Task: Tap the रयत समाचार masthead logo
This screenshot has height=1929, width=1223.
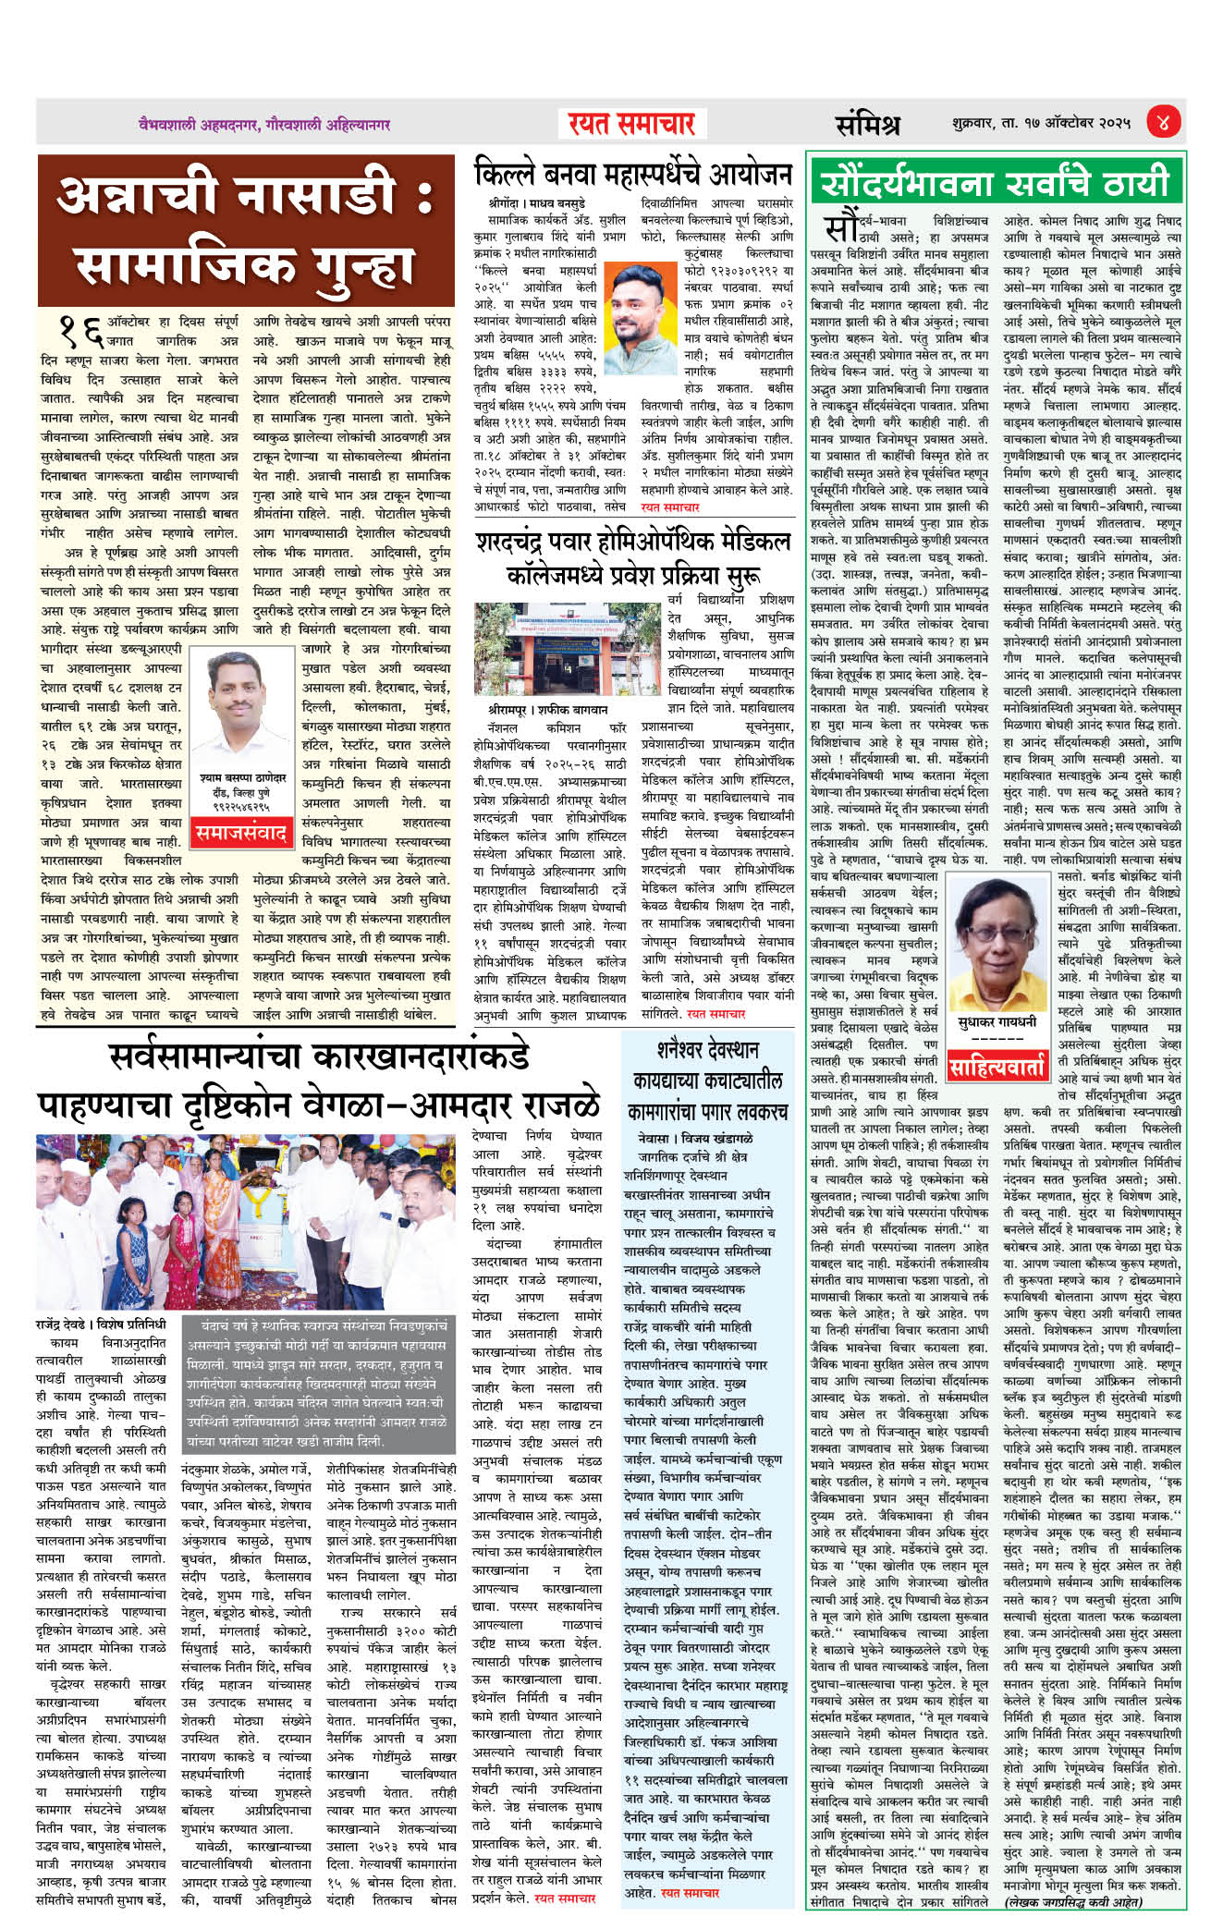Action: (627, 123)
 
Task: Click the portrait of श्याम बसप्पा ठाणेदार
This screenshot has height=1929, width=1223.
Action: (240, 700)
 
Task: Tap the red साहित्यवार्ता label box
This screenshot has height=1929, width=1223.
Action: (997, 1068)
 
